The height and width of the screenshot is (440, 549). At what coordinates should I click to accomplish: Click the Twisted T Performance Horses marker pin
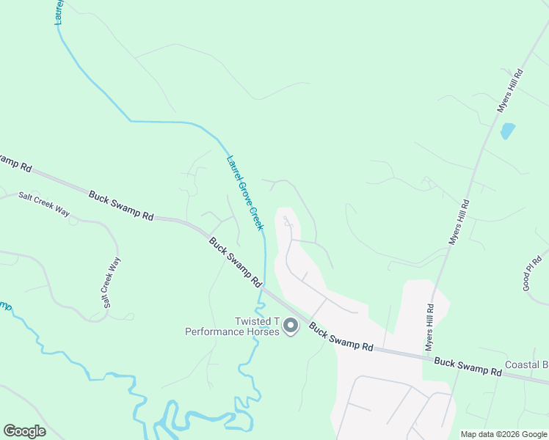291,325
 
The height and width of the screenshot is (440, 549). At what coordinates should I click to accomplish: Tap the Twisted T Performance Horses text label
232,326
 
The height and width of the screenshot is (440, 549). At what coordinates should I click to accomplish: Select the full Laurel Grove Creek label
244,191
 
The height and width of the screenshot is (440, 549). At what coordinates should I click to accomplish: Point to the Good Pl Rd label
533,273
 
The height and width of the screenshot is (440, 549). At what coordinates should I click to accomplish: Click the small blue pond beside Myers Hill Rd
507,131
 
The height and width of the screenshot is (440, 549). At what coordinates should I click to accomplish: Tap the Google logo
24,431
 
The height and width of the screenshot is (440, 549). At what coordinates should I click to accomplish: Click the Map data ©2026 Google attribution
504,434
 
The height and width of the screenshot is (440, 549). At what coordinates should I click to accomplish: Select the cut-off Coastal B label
527,364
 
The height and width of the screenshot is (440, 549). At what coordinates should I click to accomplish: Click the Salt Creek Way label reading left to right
44,205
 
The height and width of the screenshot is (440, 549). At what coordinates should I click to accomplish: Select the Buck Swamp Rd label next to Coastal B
468,367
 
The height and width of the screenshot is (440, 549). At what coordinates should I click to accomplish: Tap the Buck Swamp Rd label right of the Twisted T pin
341,337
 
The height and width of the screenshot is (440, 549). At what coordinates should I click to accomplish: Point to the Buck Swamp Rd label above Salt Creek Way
121,206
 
